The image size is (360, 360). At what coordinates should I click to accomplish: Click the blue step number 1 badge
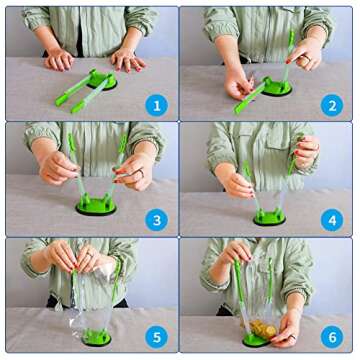pyautogui.click(x=156, y=105)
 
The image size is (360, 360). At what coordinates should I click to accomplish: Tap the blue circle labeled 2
pyautogui.click(x=332, y=105)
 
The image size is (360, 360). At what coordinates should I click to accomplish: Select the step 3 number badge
pyautogui.click(x=156, y=220)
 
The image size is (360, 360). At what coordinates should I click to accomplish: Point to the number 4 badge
pyautogui.click(x=332, y=220)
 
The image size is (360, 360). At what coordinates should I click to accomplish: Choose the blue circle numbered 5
pyautogui.click(x=156, y=337)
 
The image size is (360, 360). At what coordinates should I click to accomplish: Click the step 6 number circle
pyautogui.click(x=332, y=337)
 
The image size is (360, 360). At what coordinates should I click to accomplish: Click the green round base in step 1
pyautogui.click(x=102, y=80)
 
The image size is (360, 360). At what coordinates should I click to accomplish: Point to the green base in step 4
pyautogui.click(x=270, y=217)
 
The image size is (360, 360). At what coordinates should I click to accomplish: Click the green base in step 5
pyautogui.click(x=96, y=337)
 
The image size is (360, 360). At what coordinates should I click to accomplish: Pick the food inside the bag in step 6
pyautogui.click(x=264, y=329)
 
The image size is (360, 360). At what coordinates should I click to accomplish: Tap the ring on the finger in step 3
pyautogui.click(x=141, y=172)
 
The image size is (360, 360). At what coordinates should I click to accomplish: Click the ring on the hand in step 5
pyautogui.click(x=90, y=255)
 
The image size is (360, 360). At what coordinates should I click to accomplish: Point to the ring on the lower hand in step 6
pyautogui.click(x=292, y=337)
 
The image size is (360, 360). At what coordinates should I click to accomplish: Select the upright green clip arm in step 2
pyautogui.click(x=288, y=57)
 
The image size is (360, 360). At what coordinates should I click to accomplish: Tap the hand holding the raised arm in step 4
pyautogui.click(x=307, y=152)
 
